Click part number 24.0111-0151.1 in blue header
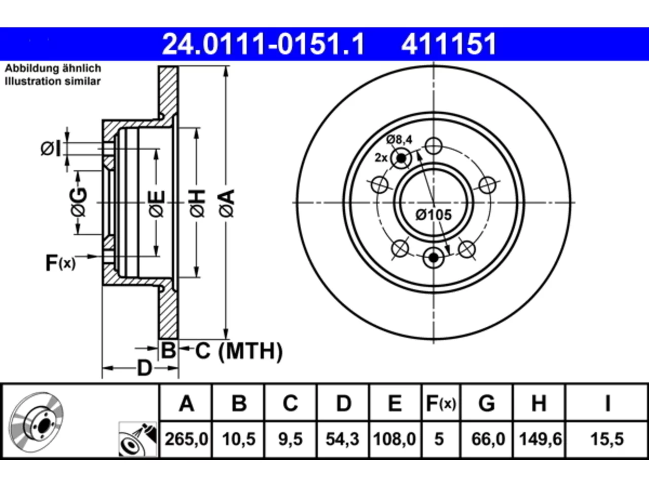coord(264,44)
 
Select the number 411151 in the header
coord(449,44)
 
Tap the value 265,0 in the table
coord(186,439)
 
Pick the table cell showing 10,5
coord(239,439)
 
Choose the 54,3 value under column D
coord(342,439)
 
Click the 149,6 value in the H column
coord(540,439)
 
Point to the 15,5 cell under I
coord(607,439)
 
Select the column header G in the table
coord(487,403)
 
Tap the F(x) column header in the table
coord(441,403)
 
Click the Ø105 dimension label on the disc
coord(434,215)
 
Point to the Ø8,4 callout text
coord(399,140)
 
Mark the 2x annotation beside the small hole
coord(381,158)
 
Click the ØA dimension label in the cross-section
coord(227,204)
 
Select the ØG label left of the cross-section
coord(79,202)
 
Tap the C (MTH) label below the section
coord(239,351)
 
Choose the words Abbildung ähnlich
coord(53,68)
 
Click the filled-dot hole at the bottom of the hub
coord(434,258)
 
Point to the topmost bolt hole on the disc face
coord(434,146)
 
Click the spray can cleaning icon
coord(137,439)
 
